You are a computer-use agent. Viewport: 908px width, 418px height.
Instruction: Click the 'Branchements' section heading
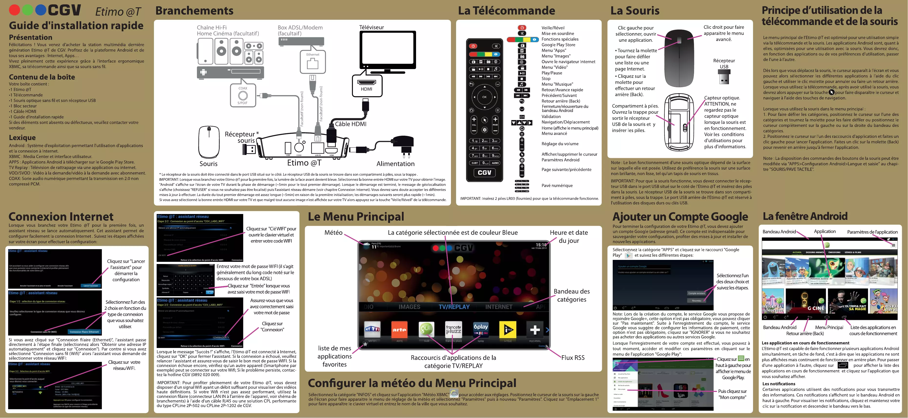pos(194,10)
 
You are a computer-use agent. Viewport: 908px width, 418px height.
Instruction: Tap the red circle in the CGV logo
pos(14,10)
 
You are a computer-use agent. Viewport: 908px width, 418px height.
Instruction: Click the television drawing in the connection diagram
pos(387,50)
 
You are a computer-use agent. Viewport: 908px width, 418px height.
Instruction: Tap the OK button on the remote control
pos(484,97)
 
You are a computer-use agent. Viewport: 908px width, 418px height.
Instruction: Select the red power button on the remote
pos(473,46)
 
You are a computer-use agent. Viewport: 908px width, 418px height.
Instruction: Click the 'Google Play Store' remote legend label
pos(558,45)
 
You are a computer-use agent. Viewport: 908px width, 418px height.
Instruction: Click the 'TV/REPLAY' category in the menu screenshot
pos(454,307)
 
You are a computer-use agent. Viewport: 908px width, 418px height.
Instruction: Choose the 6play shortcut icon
pos(481,329)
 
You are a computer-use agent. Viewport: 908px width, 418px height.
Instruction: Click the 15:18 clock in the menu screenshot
pos(541,245)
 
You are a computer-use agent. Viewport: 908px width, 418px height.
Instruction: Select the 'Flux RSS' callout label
pos(573,357)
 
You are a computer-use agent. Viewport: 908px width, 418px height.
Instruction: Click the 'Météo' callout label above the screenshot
pos(333,233)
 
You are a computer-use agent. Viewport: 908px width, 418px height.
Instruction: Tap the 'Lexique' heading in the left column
pos(22,137)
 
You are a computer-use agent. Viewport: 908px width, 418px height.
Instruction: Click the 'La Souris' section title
pos(635,10)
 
